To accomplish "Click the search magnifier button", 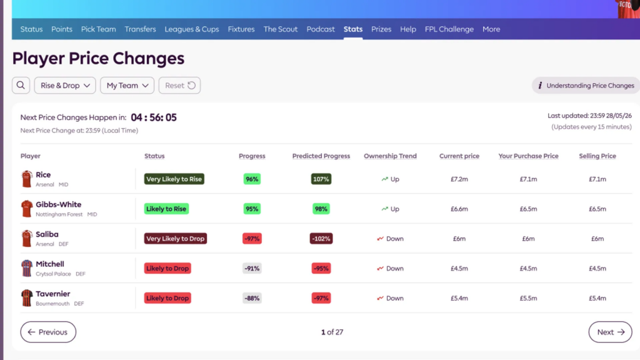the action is point(21,85).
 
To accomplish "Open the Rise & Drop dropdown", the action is point(65,85).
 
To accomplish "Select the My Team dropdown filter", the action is point(127,85).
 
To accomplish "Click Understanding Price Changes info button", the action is point(586,85).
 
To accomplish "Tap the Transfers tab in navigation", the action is point(140,29).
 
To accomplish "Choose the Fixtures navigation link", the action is point(241,29).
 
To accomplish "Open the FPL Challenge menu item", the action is point(449,29).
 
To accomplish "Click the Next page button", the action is point(610,332).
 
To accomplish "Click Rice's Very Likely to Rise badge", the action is point(174,179).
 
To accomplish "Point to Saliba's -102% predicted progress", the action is point(321,238).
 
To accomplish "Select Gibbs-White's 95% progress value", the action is point(252,209).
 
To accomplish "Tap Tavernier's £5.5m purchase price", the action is point(528,298).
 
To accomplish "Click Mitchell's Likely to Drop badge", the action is point(167,268).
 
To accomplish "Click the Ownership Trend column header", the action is point(390,156).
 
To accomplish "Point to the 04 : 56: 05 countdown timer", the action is point(154,117).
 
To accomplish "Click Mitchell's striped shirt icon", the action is point(27,268).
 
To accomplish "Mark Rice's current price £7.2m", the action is point(459,179).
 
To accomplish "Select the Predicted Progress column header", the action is point(321,156).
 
